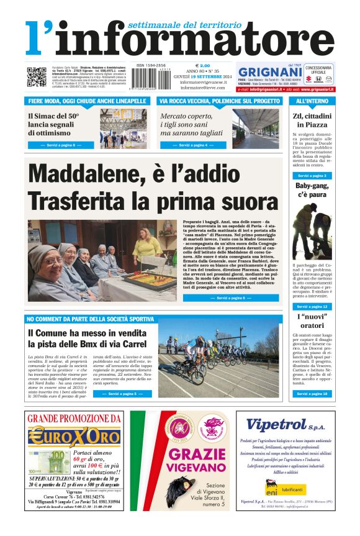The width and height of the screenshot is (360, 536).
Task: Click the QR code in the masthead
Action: (36, 76)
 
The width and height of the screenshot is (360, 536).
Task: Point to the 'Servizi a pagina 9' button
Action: (61, 145)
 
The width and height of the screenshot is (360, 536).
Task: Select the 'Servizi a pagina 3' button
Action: (312, 176)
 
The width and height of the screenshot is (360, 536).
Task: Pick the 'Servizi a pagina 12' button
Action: (312, 307)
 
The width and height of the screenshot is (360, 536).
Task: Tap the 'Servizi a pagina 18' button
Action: (312, 394)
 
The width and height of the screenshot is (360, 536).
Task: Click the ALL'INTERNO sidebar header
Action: (312, 101)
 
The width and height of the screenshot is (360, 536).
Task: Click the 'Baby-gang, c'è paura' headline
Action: (312, 190)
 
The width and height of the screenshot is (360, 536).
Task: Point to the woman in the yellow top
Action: (146, 245)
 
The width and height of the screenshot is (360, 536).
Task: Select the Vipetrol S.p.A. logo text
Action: (286, 425)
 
